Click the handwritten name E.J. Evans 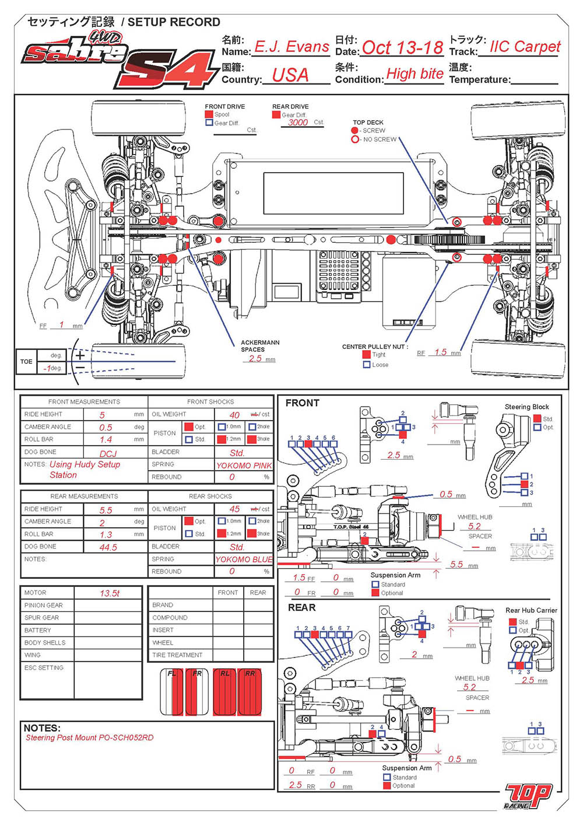(x=291, y=47)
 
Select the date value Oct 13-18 (x=402, y=47)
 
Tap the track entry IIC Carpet (x=525, y=47)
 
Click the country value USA (x=290, y=75)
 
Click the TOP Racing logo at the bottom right (x=528, y=796)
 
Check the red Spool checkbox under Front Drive (x=209, y=115)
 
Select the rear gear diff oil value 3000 (x=297, y=123)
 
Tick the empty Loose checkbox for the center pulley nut (x=367, y=365)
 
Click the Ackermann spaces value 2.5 (x=255, y=359)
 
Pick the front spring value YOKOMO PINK (x=244, y=466)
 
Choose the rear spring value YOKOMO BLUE (x=244, y=560)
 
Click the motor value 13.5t (x=109, y=593)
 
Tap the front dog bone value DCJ (x=108, y=453)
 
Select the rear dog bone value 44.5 (x=108, y=547)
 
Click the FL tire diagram (x=172, y=692)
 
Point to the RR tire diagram (x=250, y=692)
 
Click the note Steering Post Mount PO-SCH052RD (x=89, y=737)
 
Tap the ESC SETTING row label (x=44, y=667)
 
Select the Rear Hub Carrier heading (x=531, y=610)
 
